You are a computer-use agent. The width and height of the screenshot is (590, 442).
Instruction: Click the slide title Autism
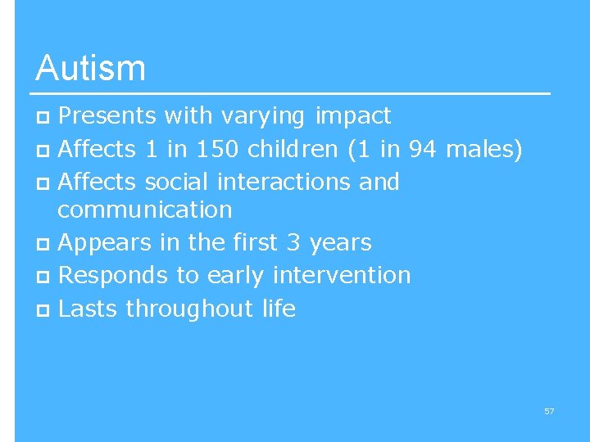(90, 68)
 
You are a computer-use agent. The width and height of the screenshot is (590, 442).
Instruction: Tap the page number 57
(549, 411)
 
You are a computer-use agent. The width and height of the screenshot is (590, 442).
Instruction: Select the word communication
(145, 210)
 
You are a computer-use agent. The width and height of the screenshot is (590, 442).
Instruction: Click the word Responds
(113, 275)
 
